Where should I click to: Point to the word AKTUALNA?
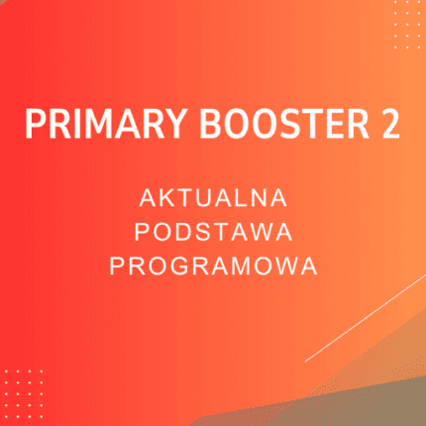(x=213, y=198)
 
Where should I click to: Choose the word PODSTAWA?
(x=213, y=232)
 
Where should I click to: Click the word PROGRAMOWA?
(x=213, y=266)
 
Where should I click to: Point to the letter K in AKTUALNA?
(x=161, y=198)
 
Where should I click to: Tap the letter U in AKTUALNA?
(x=204, y=198)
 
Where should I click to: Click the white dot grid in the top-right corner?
(x=406, y=23)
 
